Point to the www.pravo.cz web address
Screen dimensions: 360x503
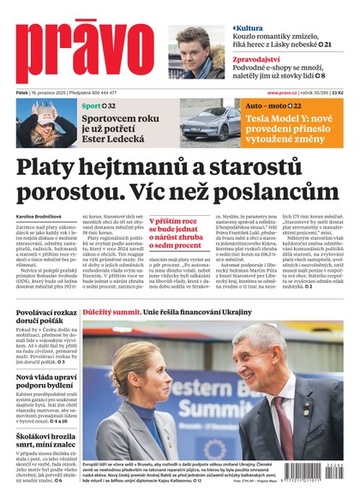pos(284,93)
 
